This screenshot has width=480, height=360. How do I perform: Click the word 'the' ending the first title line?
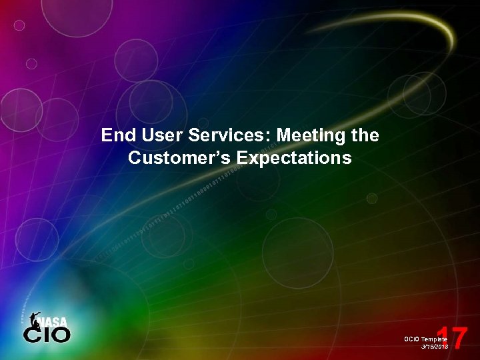point(365,136)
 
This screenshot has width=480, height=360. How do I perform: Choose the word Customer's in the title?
point(175,159)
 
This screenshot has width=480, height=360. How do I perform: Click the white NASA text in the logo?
point(54,322)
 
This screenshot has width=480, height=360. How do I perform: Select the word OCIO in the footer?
point(411,339)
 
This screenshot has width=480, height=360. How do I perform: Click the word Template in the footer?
point(435,339)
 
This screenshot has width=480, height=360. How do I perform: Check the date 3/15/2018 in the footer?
point(435,347)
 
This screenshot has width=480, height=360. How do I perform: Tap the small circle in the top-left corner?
point(19,25)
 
